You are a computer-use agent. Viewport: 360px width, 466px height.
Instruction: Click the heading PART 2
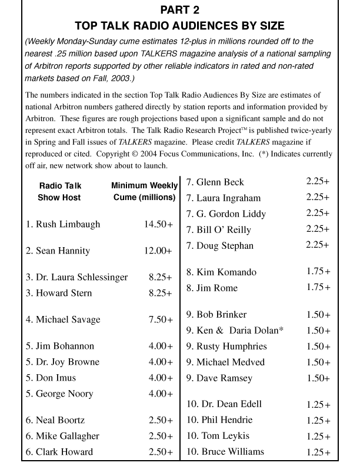(180, 10)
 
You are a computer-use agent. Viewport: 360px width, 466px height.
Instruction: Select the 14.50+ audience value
(158, 224)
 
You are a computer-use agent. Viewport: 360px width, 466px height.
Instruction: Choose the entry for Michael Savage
(63, 319)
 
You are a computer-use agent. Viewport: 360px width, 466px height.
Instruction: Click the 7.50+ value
(161, 319)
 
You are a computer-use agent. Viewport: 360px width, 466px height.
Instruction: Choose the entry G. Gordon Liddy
(226, 214)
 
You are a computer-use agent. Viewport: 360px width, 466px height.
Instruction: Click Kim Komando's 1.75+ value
(318, 272)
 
